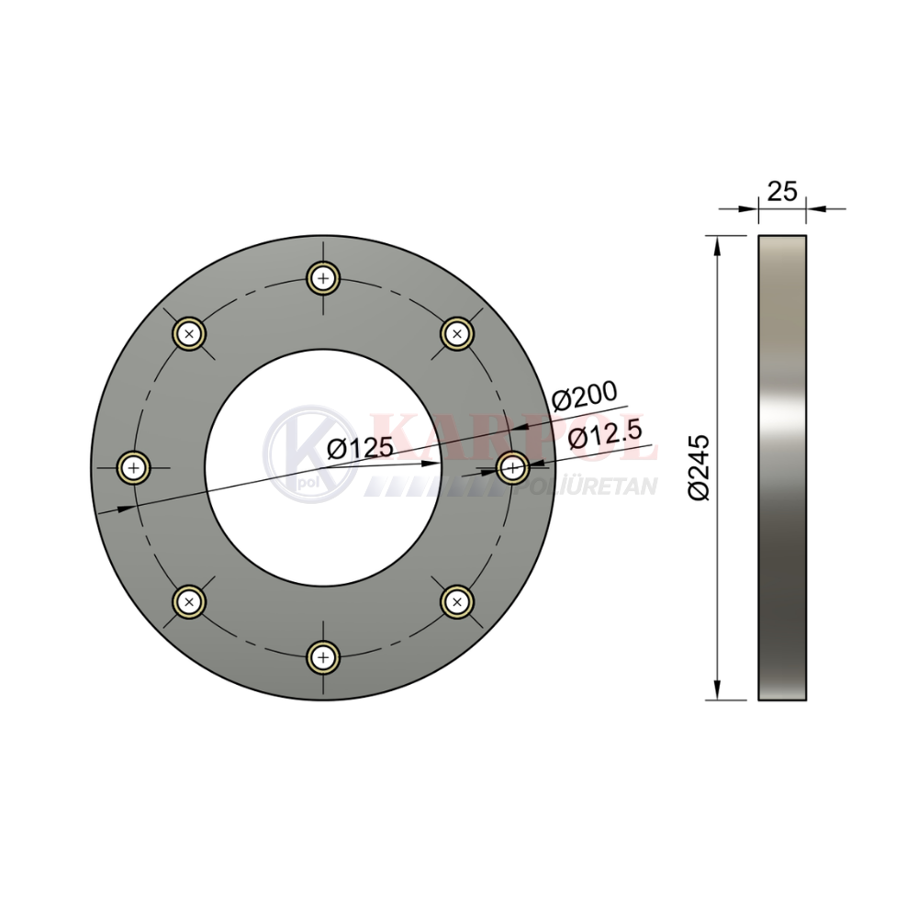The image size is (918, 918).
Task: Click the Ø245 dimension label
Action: pyautogui.click(x=699, y=467)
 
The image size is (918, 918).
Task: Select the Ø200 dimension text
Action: pyautogui.click(x=584, y=396)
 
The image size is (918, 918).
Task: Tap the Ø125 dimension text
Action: pyautogui.click(x=361, y=449)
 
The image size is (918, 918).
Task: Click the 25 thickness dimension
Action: pyautogui.click(x=782, y=192)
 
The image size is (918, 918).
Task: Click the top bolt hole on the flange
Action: pyautogui.click(x=323, y=278)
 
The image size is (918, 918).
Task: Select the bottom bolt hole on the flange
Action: pyautogui.click(x=323, y=657)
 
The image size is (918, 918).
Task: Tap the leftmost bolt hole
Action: pyautogui.click(x=134, y=468)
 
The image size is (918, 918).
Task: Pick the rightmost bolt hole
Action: pyautogui.click(x=513, y=468)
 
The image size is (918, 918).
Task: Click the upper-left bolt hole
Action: pyautogui.click(x=188, y=334)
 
